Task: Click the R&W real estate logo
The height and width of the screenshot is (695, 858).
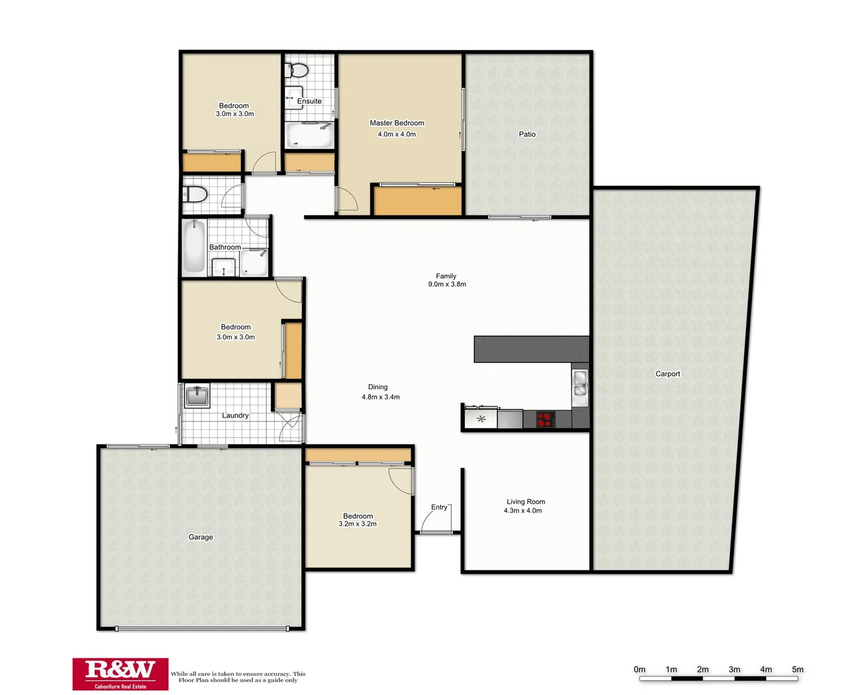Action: (120, 674)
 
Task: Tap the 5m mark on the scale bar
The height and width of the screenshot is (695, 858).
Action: (797, 669)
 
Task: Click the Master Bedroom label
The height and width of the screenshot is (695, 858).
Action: (396, 123)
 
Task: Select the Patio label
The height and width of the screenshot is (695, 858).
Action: (527, 134)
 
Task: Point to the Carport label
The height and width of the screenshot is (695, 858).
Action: (667, 374)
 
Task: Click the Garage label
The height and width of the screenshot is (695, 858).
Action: (200, 537)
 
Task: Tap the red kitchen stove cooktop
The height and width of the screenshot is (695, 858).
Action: (545, 420)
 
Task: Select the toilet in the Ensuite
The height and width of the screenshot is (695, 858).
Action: (298, 69)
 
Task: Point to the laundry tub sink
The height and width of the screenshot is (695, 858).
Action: (197, 396)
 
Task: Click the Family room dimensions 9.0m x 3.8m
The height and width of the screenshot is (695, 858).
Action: (447, 284)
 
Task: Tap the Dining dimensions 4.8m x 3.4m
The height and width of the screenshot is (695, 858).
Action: (380, 397)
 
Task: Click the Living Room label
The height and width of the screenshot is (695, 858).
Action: (525, 501)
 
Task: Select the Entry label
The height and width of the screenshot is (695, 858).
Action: (439, 507)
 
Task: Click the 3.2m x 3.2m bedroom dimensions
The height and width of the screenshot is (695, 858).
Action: (357, 524)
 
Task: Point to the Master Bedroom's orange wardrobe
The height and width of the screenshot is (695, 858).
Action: (418, 201)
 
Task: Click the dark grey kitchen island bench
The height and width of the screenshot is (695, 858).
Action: (531, 349)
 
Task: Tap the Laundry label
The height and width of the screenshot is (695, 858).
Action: (235, 416)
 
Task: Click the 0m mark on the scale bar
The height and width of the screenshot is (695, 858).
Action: (639, 669)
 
